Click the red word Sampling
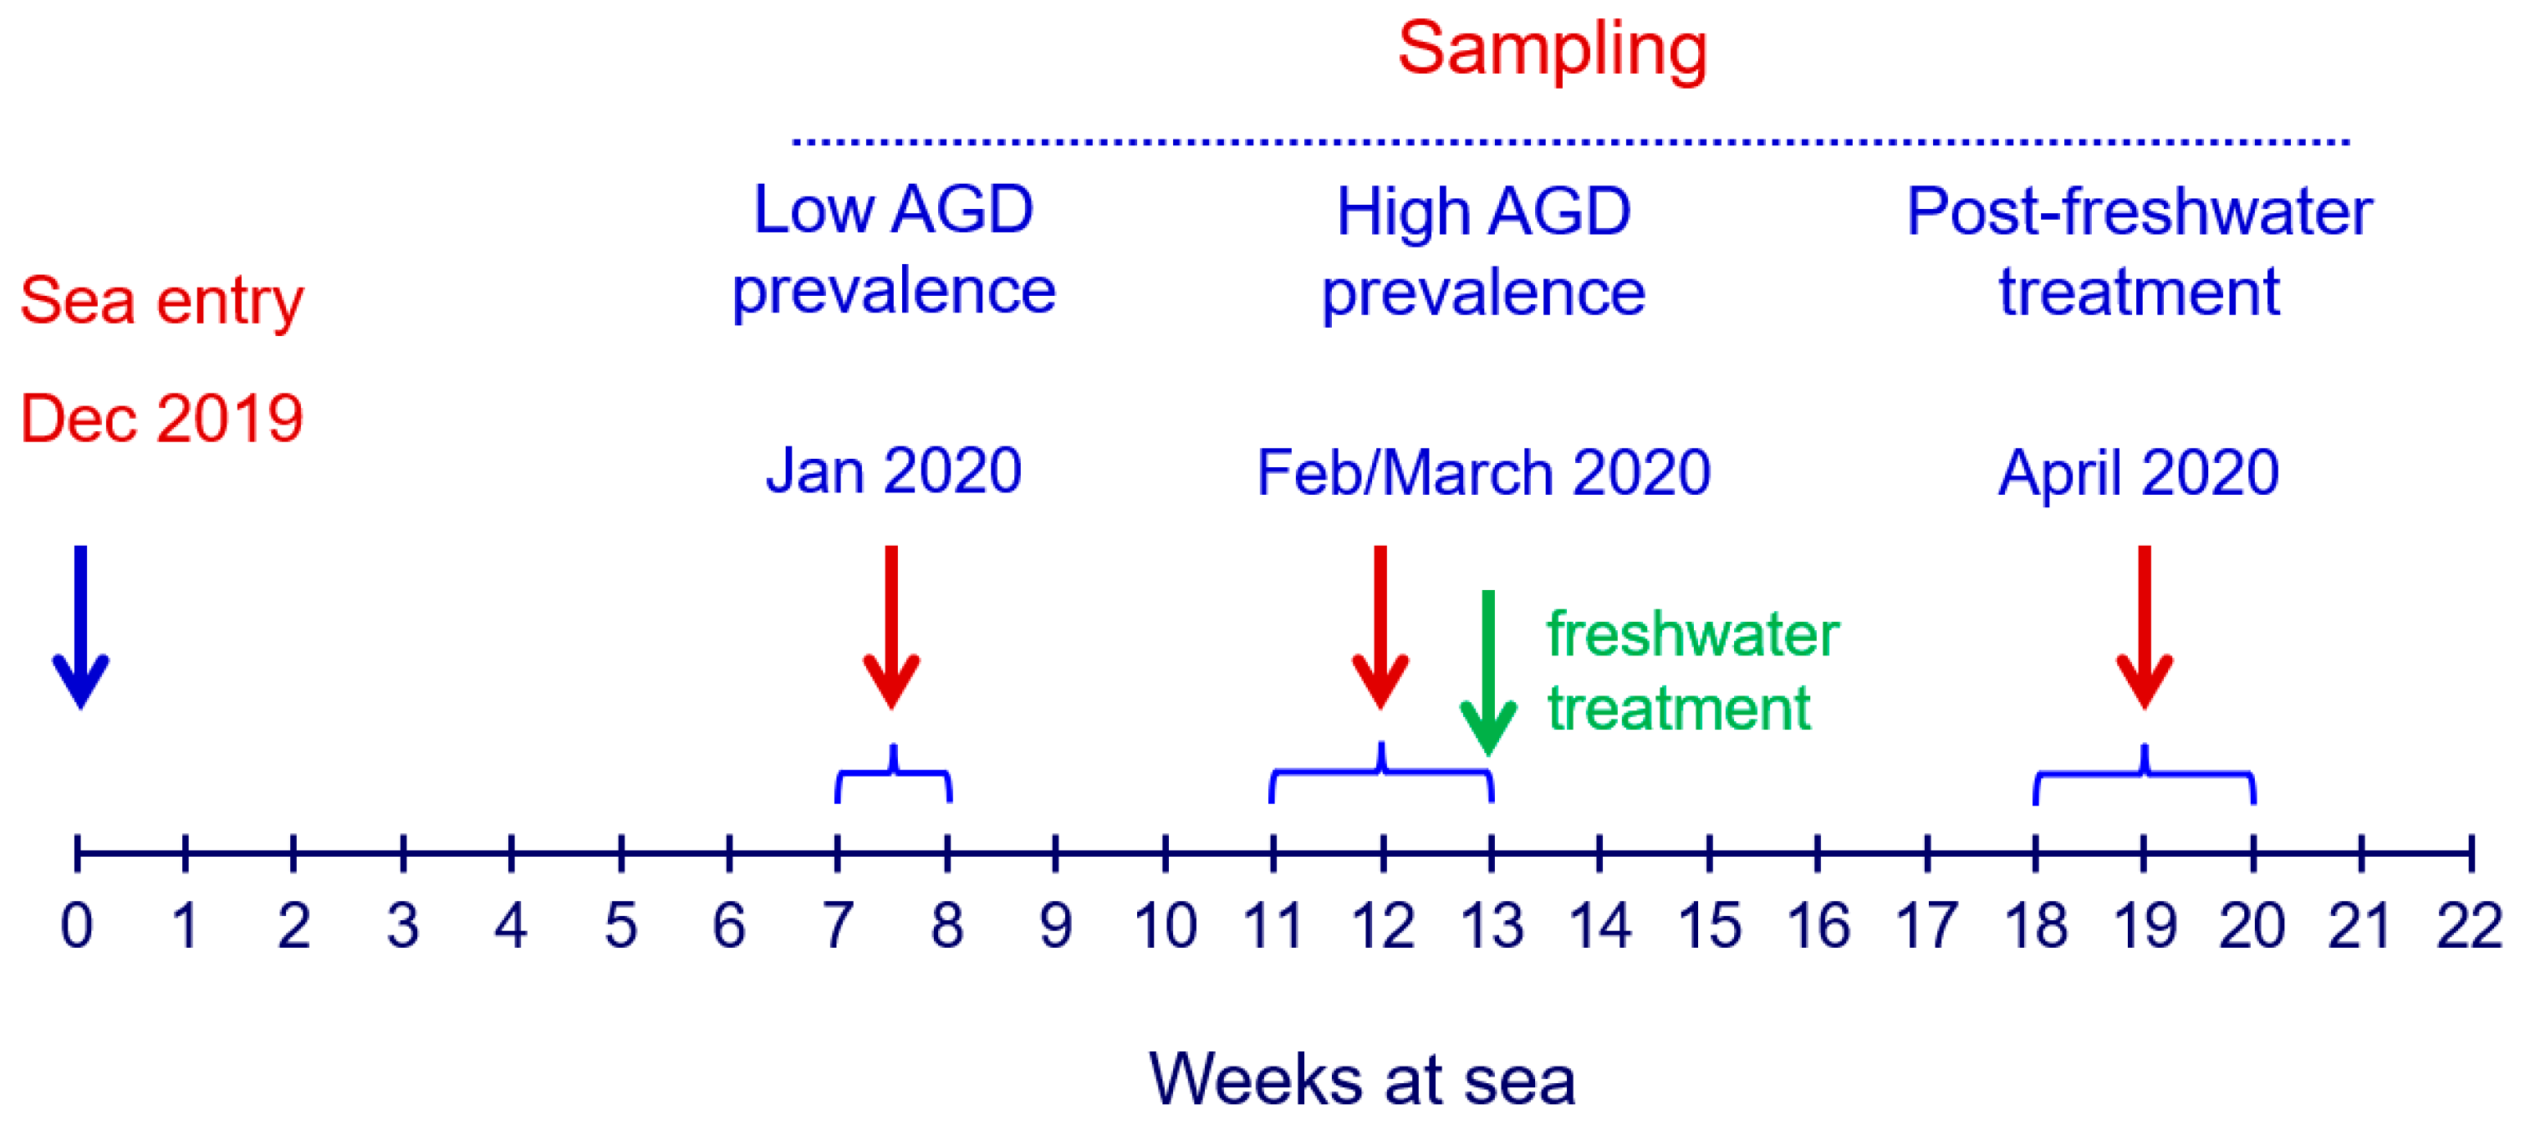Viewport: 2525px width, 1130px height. [1553, 51]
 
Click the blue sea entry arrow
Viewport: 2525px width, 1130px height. [80, 627]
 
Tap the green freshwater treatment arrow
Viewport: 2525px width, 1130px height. [1488, 674]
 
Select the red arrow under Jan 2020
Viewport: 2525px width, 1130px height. [891, 627]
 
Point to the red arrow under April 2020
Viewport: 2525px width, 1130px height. [2145, 627]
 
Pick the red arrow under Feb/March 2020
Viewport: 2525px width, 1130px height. [1380, 627]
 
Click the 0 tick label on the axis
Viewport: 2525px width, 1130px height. [76, 925]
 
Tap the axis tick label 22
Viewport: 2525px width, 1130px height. [2469, 925]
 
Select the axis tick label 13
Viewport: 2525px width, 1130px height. [1492, 925]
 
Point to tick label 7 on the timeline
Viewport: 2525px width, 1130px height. [837, 925]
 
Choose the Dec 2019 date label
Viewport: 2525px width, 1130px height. [161, 419]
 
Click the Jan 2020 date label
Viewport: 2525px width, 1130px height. [894, 471]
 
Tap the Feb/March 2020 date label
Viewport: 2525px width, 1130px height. [1484, 472]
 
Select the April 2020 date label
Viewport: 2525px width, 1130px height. [2139, 472]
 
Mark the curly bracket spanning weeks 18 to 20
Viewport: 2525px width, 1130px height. [2145, 773]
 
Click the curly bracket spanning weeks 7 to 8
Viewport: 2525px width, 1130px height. [893, 772]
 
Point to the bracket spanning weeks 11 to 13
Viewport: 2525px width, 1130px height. [1381, 771]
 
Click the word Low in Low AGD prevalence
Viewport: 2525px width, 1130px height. [814, 210]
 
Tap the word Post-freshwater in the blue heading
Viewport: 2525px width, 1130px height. [2140, 211]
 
